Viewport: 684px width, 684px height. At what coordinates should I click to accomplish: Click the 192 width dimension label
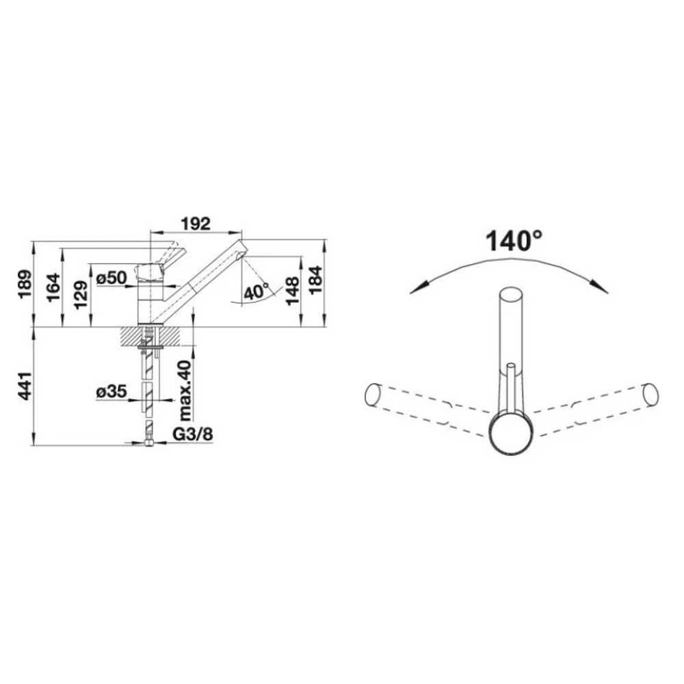click(196, 224)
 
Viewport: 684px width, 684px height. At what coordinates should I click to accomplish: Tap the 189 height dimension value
click(25, 284)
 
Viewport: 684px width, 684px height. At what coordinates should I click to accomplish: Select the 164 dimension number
click(53, 287)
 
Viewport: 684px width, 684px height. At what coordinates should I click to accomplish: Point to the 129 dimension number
click(81, 295)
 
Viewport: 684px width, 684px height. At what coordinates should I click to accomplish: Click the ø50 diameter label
click(111, 278)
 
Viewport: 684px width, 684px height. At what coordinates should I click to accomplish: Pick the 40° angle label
click(256, 292)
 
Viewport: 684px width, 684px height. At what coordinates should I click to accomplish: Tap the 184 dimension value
click(315, 280)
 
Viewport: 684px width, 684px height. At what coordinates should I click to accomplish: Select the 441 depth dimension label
click(25, 386)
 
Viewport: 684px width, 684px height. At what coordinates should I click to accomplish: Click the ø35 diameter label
click(111, 391)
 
